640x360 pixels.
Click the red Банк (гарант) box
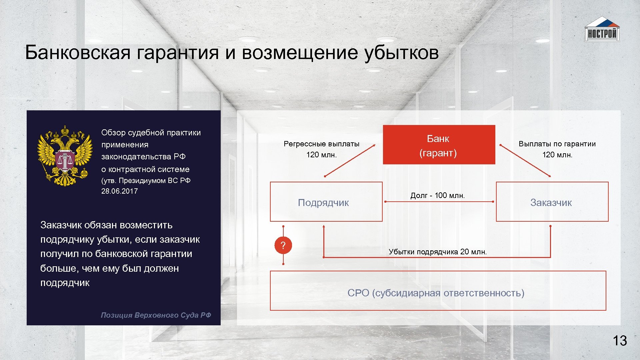coord(439,145)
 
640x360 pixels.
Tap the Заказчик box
coord(552,202)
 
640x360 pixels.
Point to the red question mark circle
coord(283,245)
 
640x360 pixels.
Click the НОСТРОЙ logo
coord(602,30)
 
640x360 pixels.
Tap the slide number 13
coord(620,341)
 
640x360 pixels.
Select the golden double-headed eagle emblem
coord(65,156)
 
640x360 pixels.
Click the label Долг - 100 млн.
coord(437,195)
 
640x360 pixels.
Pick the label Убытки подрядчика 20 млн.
coord(437,252)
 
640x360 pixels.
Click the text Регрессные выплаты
coord(321,144)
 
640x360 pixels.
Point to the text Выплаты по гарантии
coord(557,144)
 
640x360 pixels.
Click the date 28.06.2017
coord(119,191)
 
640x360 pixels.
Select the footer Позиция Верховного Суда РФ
coord(156,315)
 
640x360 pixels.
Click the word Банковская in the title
coord(77,53)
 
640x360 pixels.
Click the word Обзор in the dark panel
coord(113,133)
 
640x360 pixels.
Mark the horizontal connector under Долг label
coord(439,202)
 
